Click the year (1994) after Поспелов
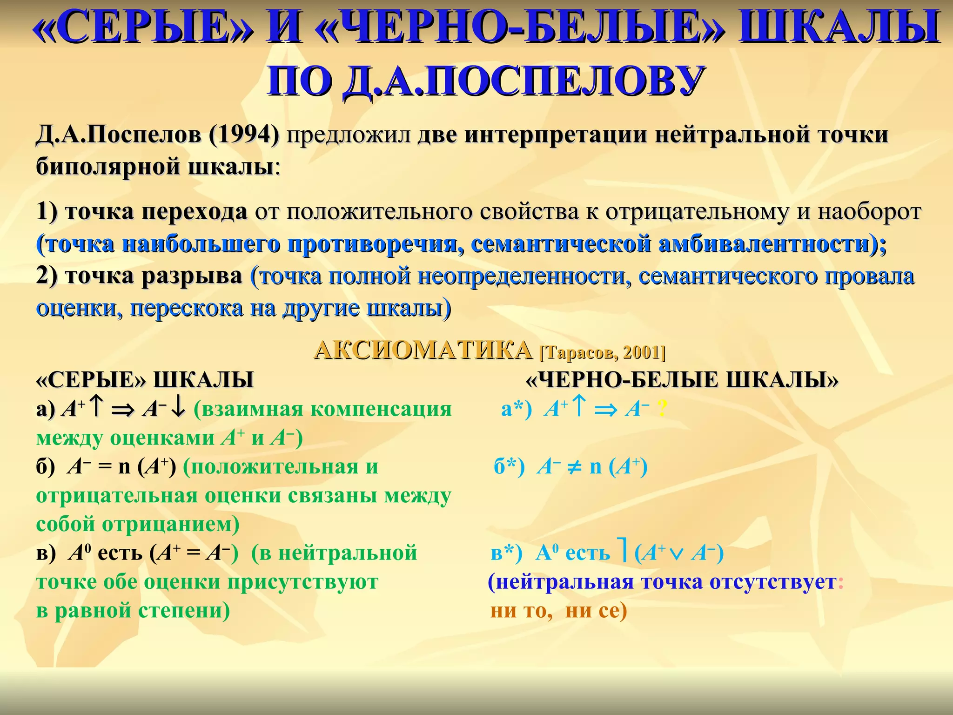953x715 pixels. click(x=244, y=135)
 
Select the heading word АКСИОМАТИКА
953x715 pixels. click(x=423, y=350)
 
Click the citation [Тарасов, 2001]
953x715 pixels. click(x=602, y=352)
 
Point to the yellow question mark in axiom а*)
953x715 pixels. click(x=662, y=409)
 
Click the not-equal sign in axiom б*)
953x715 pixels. click(x=575, y=467)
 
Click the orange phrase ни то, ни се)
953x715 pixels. click(x=558, y=610)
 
